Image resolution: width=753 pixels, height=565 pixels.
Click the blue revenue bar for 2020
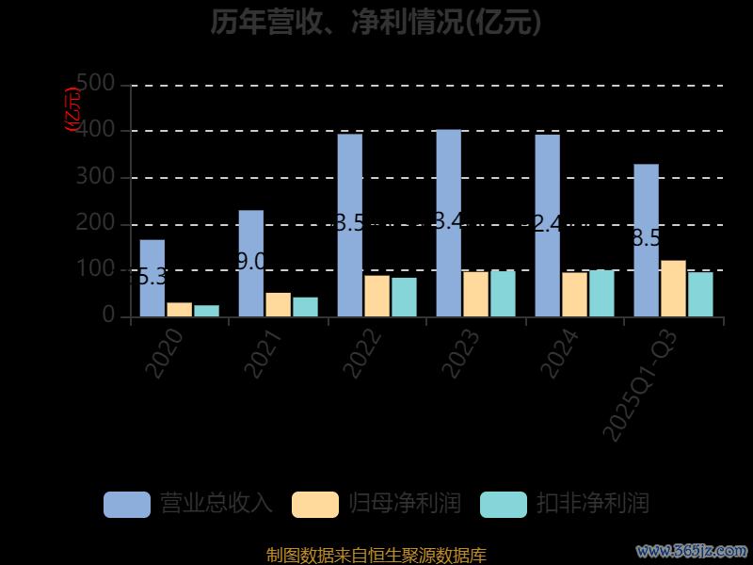pos(152,279)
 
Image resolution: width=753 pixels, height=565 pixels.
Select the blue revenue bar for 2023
pos(448,223)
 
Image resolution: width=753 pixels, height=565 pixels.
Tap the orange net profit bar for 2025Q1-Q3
pos(673,288)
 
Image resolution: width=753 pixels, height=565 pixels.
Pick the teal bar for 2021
pos(305,307)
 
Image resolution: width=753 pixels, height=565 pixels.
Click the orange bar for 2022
pos(376,296)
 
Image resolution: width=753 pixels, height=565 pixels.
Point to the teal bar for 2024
pos(601,294)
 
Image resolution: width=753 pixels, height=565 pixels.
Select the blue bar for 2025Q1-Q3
pos(646,240)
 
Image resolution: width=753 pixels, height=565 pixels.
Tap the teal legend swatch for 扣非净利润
pos(503,504)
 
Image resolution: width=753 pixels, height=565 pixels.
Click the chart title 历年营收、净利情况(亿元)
pos(376,22)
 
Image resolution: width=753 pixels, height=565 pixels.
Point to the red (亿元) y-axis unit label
pos(72,109)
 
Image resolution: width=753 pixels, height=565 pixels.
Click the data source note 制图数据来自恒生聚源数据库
pos(376,555)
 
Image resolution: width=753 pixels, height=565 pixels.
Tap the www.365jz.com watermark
pos(692,550)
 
